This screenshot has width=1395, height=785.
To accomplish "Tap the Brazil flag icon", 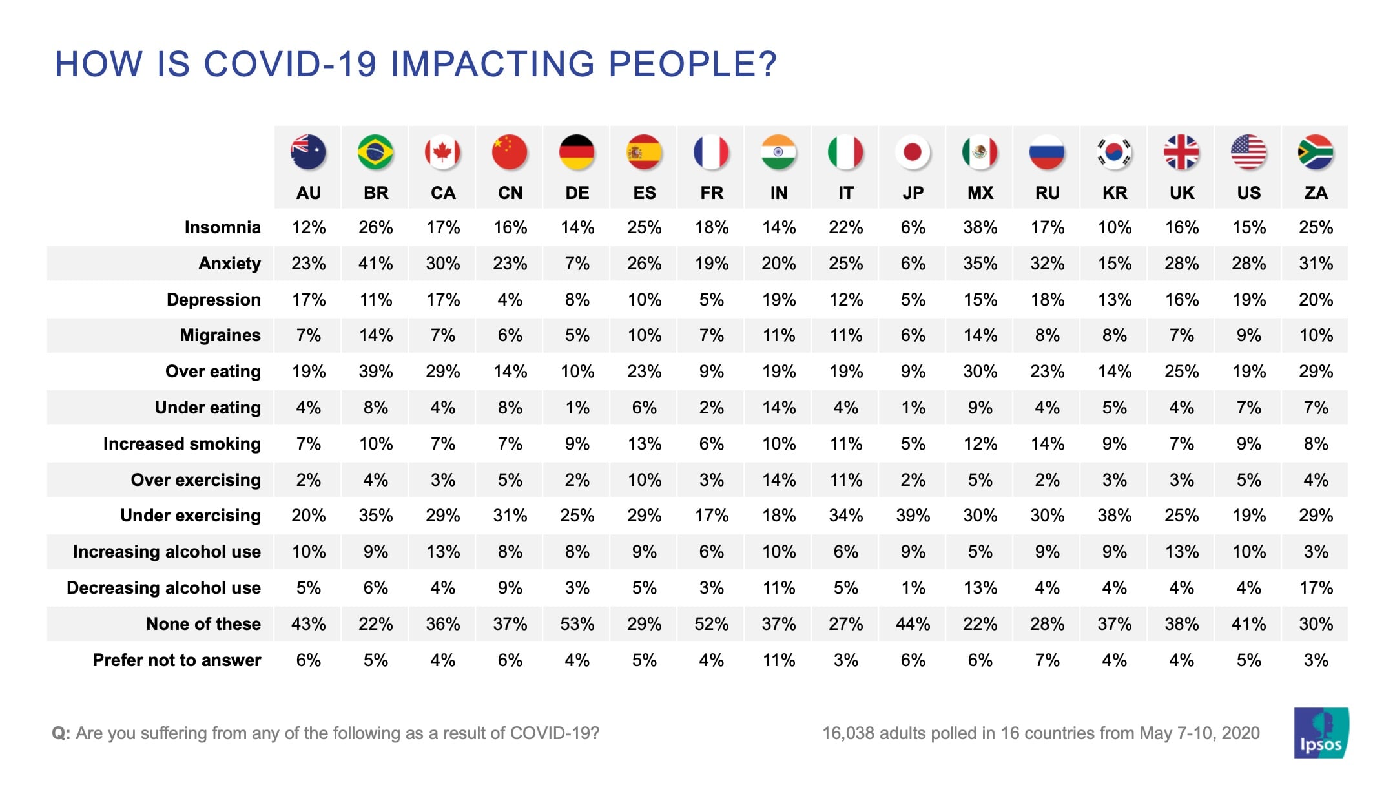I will point(375,152).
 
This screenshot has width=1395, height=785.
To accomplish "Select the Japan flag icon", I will point(913,152).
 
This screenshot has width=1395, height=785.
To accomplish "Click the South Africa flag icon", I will point(1316,152).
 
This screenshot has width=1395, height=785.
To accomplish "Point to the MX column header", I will point(980,193).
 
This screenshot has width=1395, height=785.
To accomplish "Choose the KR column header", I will point(1114,193).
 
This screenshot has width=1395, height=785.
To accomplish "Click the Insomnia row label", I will point(222,227).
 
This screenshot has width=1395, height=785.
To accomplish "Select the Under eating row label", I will point(207,408).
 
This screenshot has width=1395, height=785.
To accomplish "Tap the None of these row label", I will point(203,624).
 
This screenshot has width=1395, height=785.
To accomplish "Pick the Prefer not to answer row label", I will point(176,660).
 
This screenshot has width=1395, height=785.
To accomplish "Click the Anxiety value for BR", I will point(375,264).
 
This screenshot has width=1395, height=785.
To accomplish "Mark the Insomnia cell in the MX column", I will point(980,227).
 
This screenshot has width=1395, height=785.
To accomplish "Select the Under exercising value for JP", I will point(913,516).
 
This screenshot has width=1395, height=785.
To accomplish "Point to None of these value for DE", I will point(577,624).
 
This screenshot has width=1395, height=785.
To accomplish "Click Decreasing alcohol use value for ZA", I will point(1316,588).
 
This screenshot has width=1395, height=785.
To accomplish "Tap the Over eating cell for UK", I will point(1181,372).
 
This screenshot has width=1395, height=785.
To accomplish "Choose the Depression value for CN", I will point(510,300).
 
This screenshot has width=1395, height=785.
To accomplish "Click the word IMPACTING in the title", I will point(492,64).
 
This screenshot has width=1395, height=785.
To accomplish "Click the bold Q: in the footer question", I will point(61,733).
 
